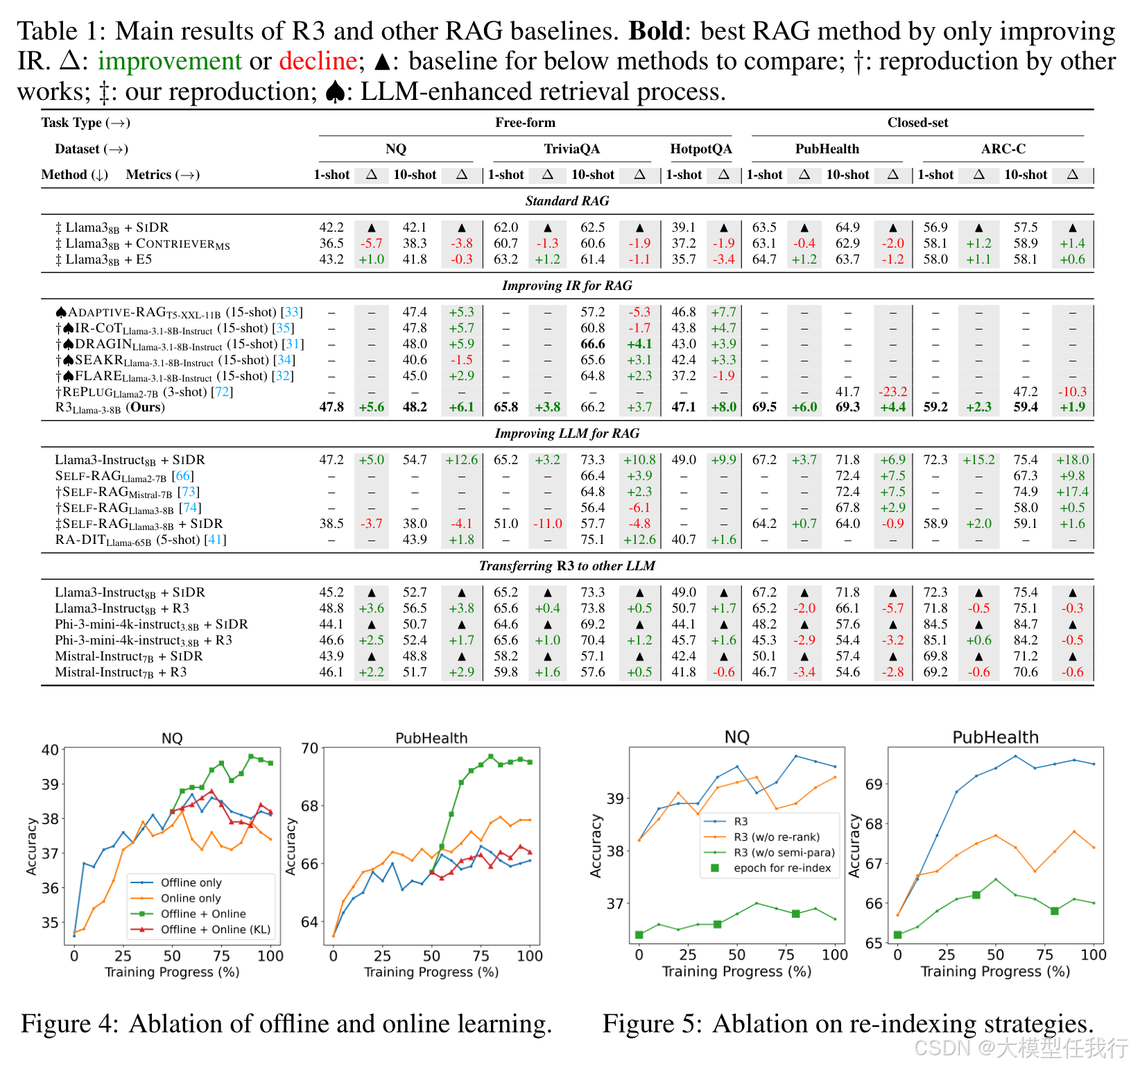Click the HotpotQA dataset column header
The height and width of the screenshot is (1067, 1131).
tap(700, 149)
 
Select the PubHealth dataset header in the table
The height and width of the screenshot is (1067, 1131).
tap(827, 149)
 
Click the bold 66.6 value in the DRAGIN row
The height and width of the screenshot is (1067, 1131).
tap(593, 344)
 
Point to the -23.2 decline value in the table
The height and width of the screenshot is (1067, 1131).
tap(892, 392)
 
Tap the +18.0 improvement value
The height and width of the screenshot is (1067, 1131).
tap(1072, 460)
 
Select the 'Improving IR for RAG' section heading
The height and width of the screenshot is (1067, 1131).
tap(567, 286)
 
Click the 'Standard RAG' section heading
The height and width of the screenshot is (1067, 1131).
tap(567, 201)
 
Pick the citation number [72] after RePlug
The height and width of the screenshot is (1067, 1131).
tap(222, 392)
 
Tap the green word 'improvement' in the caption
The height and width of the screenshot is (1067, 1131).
tap(169, 61)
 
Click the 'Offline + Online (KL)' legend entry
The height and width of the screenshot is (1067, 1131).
tap(215, 930)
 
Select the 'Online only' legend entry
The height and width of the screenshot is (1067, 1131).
tap(191, 898)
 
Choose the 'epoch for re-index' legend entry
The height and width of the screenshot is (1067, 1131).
tap(782, 868)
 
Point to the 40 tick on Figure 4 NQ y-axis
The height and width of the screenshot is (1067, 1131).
tap(50, 750)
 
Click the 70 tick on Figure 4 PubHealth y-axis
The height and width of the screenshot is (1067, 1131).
tap(309, 749)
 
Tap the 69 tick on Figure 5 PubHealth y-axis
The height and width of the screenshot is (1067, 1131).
tap(874, 785)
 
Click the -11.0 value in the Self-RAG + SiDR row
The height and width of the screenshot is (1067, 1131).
tap(547, 524)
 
